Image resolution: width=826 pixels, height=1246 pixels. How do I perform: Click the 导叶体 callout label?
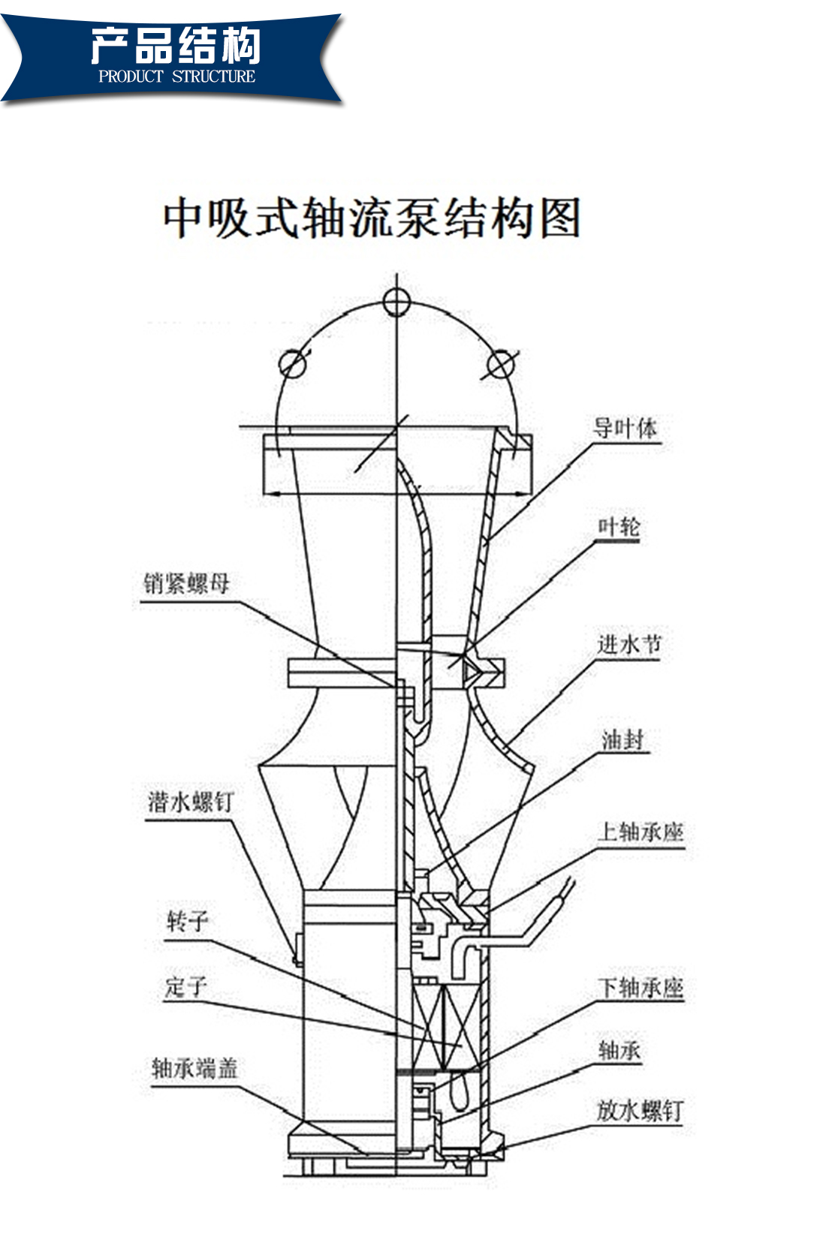pos(625,429)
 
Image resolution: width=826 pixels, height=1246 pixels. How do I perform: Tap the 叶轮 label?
pos(619,526)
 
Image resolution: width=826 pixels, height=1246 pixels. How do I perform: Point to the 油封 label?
pos(623,740)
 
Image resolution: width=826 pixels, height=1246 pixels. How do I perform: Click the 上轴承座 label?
pos(641,832)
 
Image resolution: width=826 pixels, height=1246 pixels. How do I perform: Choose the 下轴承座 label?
pos(641,988)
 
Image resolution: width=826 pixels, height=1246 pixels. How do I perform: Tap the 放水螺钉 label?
pos(640,1111)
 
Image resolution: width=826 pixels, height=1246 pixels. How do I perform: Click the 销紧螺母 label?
pos(186,583)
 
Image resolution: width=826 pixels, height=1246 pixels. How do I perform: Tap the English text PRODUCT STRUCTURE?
pos(177,77)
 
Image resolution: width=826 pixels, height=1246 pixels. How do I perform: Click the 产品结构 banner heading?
pos(176,45)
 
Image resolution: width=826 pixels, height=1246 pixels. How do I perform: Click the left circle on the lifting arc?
pos(292,364)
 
